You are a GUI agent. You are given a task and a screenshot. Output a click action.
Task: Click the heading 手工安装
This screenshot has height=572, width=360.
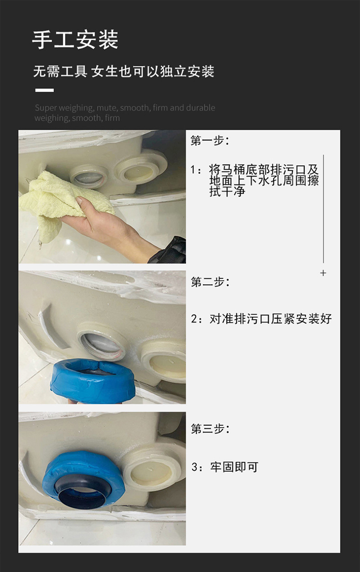coord(75,40)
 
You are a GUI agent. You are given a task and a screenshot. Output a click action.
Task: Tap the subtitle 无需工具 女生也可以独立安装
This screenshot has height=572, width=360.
coord(123,71)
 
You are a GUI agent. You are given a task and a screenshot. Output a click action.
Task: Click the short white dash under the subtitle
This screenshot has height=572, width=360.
coord(45,90)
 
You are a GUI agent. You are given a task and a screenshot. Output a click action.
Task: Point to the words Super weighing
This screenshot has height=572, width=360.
coord(64,108)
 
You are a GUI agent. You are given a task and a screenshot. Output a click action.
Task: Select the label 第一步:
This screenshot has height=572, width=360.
coord(210,140)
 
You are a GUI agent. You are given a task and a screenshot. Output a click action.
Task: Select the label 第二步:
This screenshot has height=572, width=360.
coord(210,282)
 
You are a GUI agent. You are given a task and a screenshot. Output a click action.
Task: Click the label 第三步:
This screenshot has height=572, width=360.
coord(210,429)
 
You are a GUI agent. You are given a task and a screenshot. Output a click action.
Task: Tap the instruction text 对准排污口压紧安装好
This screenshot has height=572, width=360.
coord(271,319)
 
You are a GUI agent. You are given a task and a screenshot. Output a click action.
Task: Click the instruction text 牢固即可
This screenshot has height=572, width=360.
coord(234,467)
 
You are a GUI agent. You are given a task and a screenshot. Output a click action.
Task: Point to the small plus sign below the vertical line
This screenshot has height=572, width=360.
coord(323,273)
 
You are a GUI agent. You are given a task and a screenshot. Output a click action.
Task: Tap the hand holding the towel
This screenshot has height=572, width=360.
coord(107,225)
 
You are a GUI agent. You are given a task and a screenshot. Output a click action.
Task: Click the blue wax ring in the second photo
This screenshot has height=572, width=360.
coord(93,380)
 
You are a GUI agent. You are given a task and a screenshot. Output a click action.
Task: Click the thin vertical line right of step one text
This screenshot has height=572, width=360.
coord(324,209)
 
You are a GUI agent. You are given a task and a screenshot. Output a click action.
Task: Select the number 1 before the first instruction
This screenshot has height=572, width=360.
coord(193,170)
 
